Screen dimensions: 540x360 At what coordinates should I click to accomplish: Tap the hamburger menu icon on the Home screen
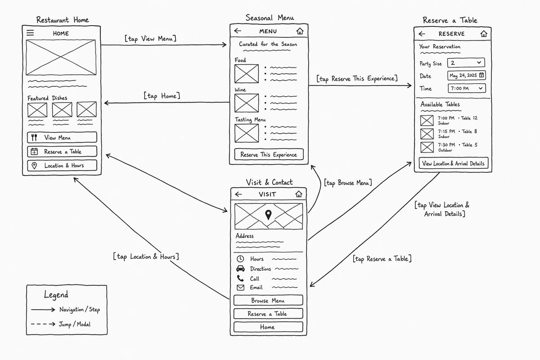coord(30,32)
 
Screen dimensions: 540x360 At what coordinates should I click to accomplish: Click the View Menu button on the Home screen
coord(62,137)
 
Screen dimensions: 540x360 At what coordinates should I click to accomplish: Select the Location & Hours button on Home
coord(62,166)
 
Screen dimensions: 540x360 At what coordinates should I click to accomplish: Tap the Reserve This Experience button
coord(269,154)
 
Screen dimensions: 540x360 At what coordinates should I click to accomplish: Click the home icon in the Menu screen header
coord(300,31)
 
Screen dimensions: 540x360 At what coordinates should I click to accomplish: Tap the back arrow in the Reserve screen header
coord(422,34)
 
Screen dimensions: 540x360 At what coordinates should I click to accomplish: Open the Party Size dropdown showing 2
coord(466,63)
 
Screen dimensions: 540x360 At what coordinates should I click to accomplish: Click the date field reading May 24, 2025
coord(467,76)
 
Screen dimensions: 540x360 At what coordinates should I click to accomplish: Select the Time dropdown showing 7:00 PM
coord(467,88)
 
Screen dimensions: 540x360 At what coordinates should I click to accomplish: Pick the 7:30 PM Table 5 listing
coord(449,147)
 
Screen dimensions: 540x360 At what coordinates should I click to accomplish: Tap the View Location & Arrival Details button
coord(454,163)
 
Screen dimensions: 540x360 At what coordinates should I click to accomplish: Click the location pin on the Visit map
coord(268,214)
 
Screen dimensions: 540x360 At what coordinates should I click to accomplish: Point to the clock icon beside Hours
coord(240,259)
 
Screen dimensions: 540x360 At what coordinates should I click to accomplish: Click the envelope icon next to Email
coord(240,288)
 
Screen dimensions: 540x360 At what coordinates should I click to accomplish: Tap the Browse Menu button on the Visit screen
coord(268,300)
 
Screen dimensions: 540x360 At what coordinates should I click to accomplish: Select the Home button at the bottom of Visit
coord(268,327)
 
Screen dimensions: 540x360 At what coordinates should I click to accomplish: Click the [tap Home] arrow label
coord(162,96)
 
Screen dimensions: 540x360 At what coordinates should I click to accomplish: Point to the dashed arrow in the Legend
coord(43,324)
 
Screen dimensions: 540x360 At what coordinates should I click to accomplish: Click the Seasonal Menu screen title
coord(270,18)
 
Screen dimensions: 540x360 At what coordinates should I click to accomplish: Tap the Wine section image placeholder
coord(247,103)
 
